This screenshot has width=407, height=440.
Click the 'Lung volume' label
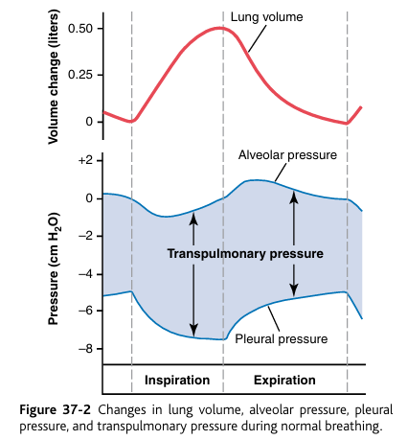[x=267, y=16]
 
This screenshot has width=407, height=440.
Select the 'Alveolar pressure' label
[x=286, y=155]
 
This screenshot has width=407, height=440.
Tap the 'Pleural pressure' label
[x=284, y=338]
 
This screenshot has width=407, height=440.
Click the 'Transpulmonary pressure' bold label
[x=244, y=254]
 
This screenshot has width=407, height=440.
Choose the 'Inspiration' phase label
[x=176, y=381]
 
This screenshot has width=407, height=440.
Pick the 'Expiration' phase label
[x=284, y=381]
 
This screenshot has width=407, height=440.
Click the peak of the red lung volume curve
[x=221, y=28]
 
